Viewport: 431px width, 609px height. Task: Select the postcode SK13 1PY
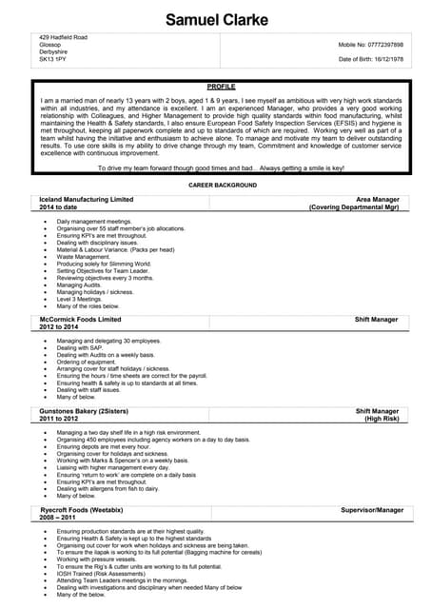(52, 59)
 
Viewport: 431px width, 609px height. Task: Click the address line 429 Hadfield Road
(64, 36)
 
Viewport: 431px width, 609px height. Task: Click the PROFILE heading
(221, 87)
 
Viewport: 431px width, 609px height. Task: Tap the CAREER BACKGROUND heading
(223, 184)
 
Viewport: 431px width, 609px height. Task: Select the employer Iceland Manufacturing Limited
(87, 200)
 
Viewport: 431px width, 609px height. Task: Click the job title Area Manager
(377, 200)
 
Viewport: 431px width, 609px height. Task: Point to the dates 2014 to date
(59, 207)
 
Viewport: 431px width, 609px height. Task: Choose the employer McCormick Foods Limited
(80, 319)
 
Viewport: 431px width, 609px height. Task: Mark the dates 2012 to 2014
(59, 326)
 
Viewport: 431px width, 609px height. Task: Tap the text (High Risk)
(382, 419)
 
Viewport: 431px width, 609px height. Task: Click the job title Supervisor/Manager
(372, 510)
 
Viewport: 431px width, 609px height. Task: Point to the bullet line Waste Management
(84, 256)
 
